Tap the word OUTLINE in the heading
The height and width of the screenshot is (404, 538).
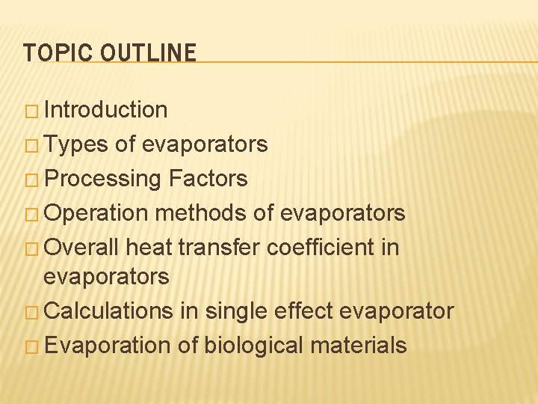point(148,53)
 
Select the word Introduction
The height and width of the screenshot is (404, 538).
point(105,110)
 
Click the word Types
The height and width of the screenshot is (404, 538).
point(76,144)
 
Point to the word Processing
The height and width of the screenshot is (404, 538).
point(102,179)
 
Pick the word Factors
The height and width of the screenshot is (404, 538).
point(208,179)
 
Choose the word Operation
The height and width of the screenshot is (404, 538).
point(96,213)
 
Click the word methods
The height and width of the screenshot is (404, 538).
point(201,213)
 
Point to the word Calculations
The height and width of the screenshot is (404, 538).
point(108,310)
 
